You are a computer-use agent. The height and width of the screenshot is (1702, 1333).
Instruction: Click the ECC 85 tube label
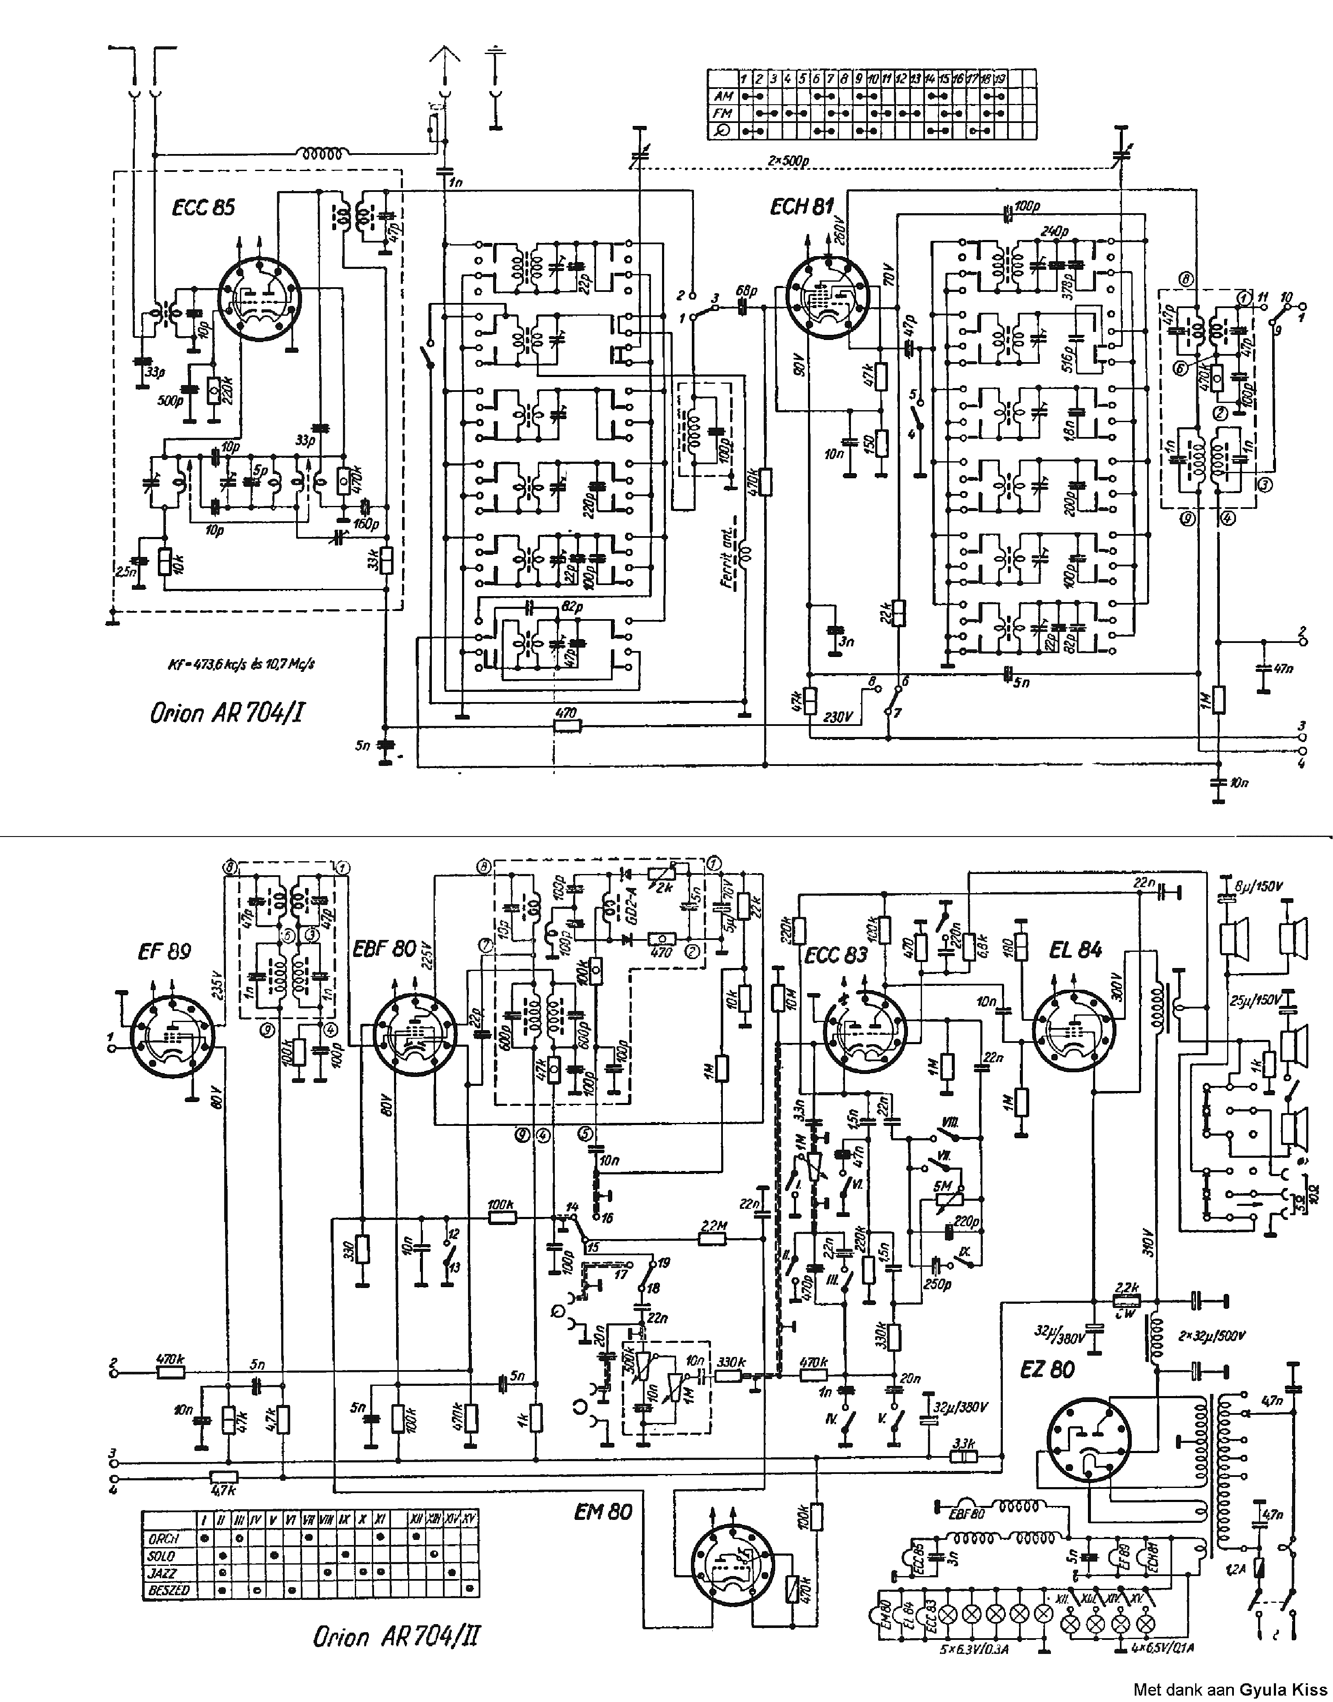[x=203, y=207]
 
